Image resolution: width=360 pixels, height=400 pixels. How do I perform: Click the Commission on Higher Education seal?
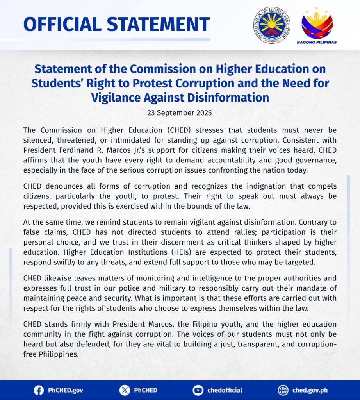pos(272,25)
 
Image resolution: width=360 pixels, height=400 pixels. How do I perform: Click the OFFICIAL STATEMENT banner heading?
pos(116,24)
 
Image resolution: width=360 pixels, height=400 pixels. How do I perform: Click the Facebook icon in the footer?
pos(39,390)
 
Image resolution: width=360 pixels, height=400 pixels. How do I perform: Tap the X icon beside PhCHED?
pos(124,390)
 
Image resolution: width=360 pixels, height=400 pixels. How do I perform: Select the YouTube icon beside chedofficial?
pos(198,390)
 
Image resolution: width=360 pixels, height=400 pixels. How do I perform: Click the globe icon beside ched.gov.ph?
pos(283,390)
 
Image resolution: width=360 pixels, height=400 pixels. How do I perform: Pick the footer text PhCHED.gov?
pos(65,390)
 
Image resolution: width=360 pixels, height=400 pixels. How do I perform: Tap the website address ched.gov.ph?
pos(310,390)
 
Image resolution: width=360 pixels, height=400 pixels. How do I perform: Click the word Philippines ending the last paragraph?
pos(60,355)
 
